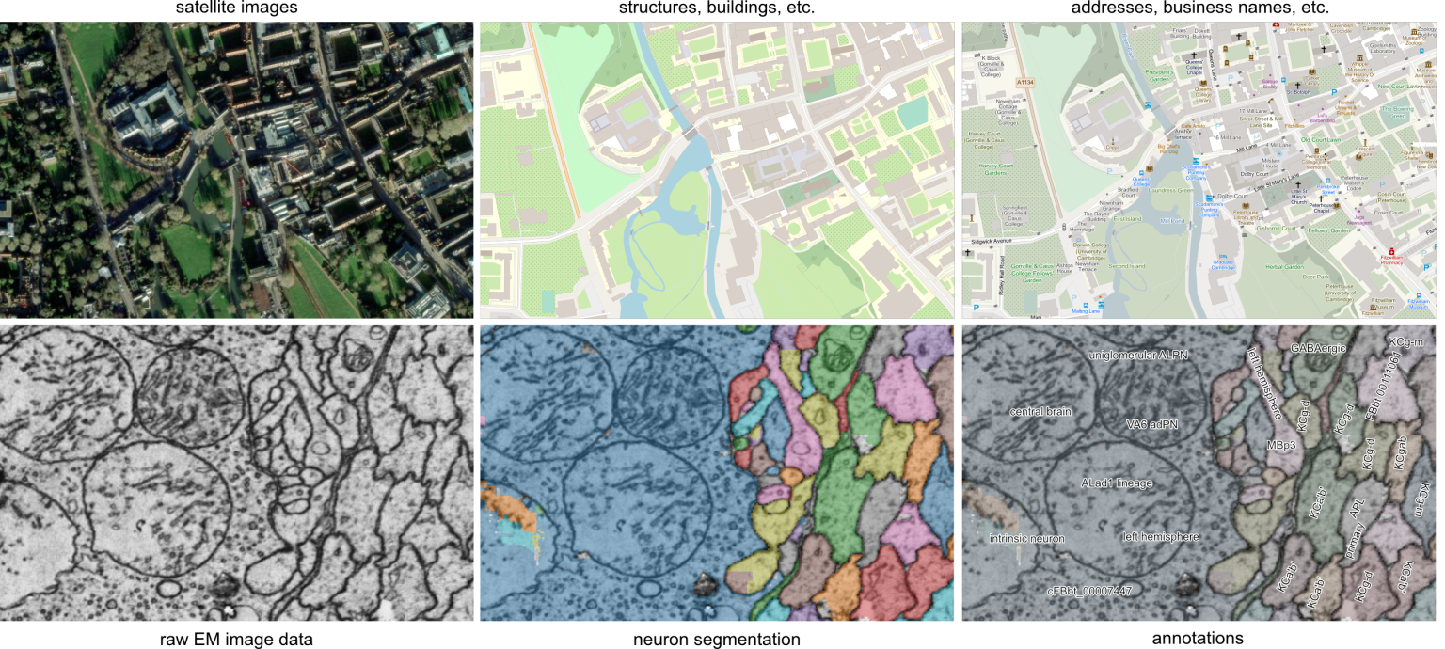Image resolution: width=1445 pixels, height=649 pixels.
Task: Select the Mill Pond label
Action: (x=1172, y=221)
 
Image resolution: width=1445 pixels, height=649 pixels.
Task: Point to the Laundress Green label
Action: (x=1171, y=191)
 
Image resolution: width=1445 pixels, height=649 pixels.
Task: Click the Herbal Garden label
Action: (x=1284, y=267)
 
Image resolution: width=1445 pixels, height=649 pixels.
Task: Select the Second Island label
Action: (x=1127, y=265)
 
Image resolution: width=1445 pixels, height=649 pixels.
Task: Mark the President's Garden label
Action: (x=1159, y=74)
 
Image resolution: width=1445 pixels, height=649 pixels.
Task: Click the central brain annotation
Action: (x=1040, y=412)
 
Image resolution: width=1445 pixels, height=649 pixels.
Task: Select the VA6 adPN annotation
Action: (x=1152, y=424)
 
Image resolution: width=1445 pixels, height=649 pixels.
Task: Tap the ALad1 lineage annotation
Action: (x=1116, y=483)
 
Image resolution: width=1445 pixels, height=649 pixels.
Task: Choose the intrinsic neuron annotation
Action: (x=1027, y=538)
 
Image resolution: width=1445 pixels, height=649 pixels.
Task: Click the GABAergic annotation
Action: (x=1319, y=349)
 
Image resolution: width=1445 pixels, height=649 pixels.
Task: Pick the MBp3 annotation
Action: (x=1281, y=444)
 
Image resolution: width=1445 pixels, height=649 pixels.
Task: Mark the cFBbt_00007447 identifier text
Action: (x=1090, y=591)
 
